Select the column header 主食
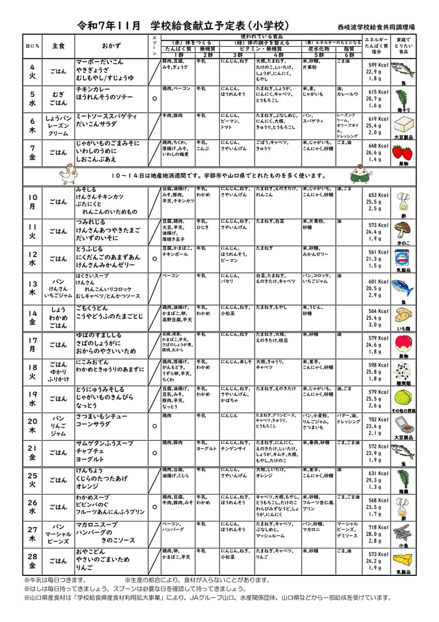coord(58,46)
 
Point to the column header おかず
coord(111,46)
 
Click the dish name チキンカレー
coord(94,88)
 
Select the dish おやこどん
coord(91,552)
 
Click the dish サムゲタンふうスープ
coord(104,443)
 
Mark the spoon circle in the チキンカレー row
coord(154,98)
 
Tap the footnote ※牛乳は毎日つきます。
coord(55,580)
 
